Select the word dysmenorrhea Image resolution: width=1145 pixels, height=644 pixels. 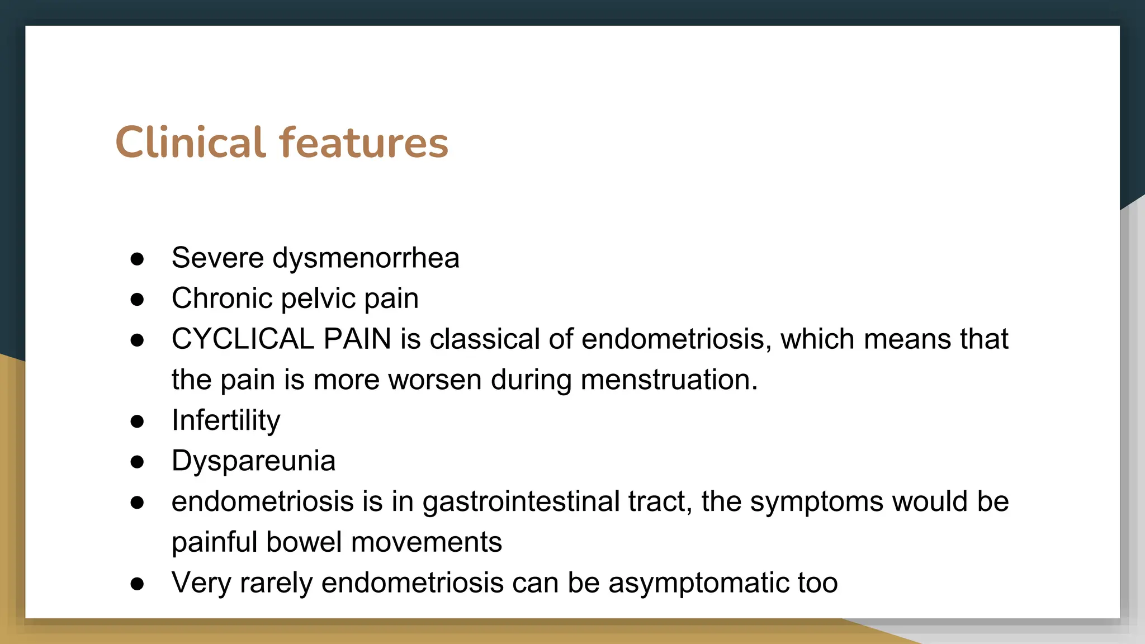click(366, 258)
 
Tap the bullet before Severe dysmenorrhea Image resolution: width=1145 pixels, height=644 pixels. click(137, 259)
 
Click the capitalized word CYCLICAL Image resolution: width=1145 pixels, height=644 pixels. click(243, 339)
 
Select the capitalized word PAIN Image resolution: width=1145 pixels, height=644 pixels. click(357, 339)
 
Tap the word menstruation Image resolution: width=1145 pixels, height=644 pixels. click(669, 380)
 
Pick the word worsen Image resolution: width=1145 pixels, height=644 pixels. click(434, 380)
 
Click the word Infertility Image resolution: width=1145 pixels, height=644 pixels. click(226, 420)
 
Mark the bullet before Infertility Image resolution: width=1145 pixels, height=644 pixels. click(137, 421)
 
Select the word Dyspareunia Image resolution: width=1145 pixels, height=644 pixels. click(253, 461)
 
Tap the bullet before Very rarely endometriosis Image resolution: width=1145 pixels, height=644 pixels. click(137, 584)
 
